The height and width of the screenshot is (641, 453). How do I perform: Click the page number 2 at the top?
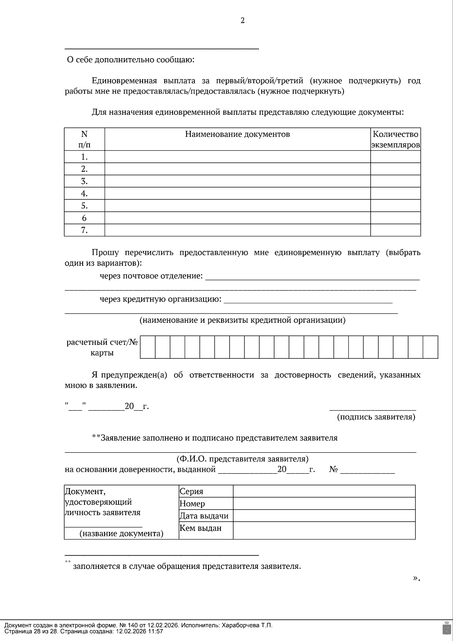(x=242, y=21)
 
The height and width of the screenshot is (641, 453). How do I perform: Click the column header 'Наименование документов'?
(x=237, y=134)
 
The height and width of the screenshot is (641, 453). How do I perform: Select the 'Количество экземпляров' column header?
(x=395, y=139)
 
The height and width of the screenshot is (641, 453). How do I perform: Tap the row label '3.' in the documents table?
(x=84, y=181)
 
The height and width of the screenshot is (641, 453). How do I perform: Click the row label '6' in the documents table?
(x=84, y=218)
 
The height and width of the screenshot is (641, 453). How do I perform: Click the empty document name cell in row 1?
(x=237, y=157)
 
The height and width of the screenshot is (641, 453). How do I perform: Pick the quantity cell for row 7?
(x=395, y=230)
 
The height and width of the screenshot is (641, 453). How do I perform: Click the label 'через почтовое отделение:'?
(x=151, y=276)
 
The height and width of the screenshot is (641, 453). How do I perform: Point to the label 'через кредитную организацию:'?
(x=160, y=299)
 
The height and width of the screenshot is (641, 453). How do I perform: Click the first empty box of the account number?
(x=148, y=347)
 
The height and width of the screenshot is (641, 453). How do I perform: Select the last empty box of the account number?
(x=430, y=347)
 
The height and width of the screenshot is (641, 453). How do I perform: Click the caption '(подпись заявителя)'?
(x=376, y=417)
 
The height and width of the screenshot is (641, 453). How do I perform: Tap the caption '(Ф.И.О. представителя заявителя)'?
(x=242, y=459)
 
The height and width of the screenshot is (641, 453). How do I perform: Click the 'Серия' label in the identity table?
(x=191, y=492)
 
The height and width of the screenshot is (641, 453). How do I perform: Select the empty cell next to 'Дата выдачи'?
(x=324, y=516)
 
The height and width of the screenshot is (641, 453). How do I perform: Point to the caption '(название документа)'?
(x=121, y=534)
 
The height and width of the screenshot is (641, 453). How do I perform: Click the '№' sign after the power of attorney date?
(x=333, y=470)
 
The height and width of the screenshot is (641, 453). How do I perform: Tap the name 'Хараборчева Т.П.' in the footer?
(x=247, y=625)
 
